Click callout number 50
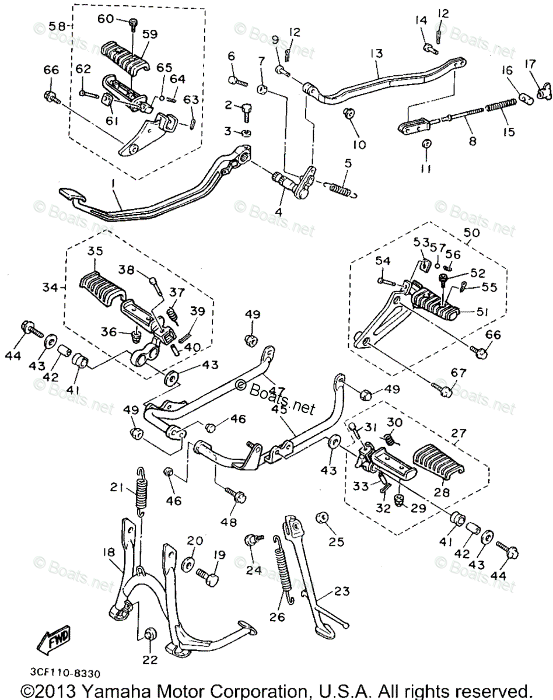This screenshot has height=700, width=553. [471, 232]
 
